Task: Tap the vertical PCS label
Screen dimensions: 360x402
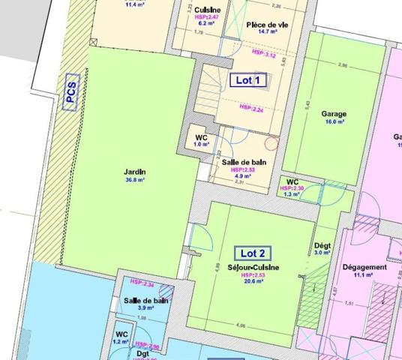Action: [x=71, y=92]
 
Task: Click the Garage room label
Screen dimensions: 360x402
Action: [x=334, y=114]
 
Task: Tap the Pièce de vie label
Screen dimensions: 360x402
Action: [x=267, y=25]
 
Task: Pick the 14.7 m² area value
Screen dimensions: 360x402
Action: [x=267, y=33]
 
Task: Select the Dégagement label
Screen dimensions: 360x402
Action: [x=364, y=267]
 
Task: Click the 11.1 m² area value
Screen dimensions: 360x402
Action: [x=364, y=275]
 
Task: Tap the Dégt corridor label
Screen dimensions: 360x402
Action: [x=322, y=245]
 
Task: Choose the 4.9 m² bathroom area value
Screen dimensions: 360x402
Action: [x=244, y=177]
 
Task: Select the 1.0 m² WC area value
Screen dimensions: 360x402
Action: [x=200, y=145]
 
